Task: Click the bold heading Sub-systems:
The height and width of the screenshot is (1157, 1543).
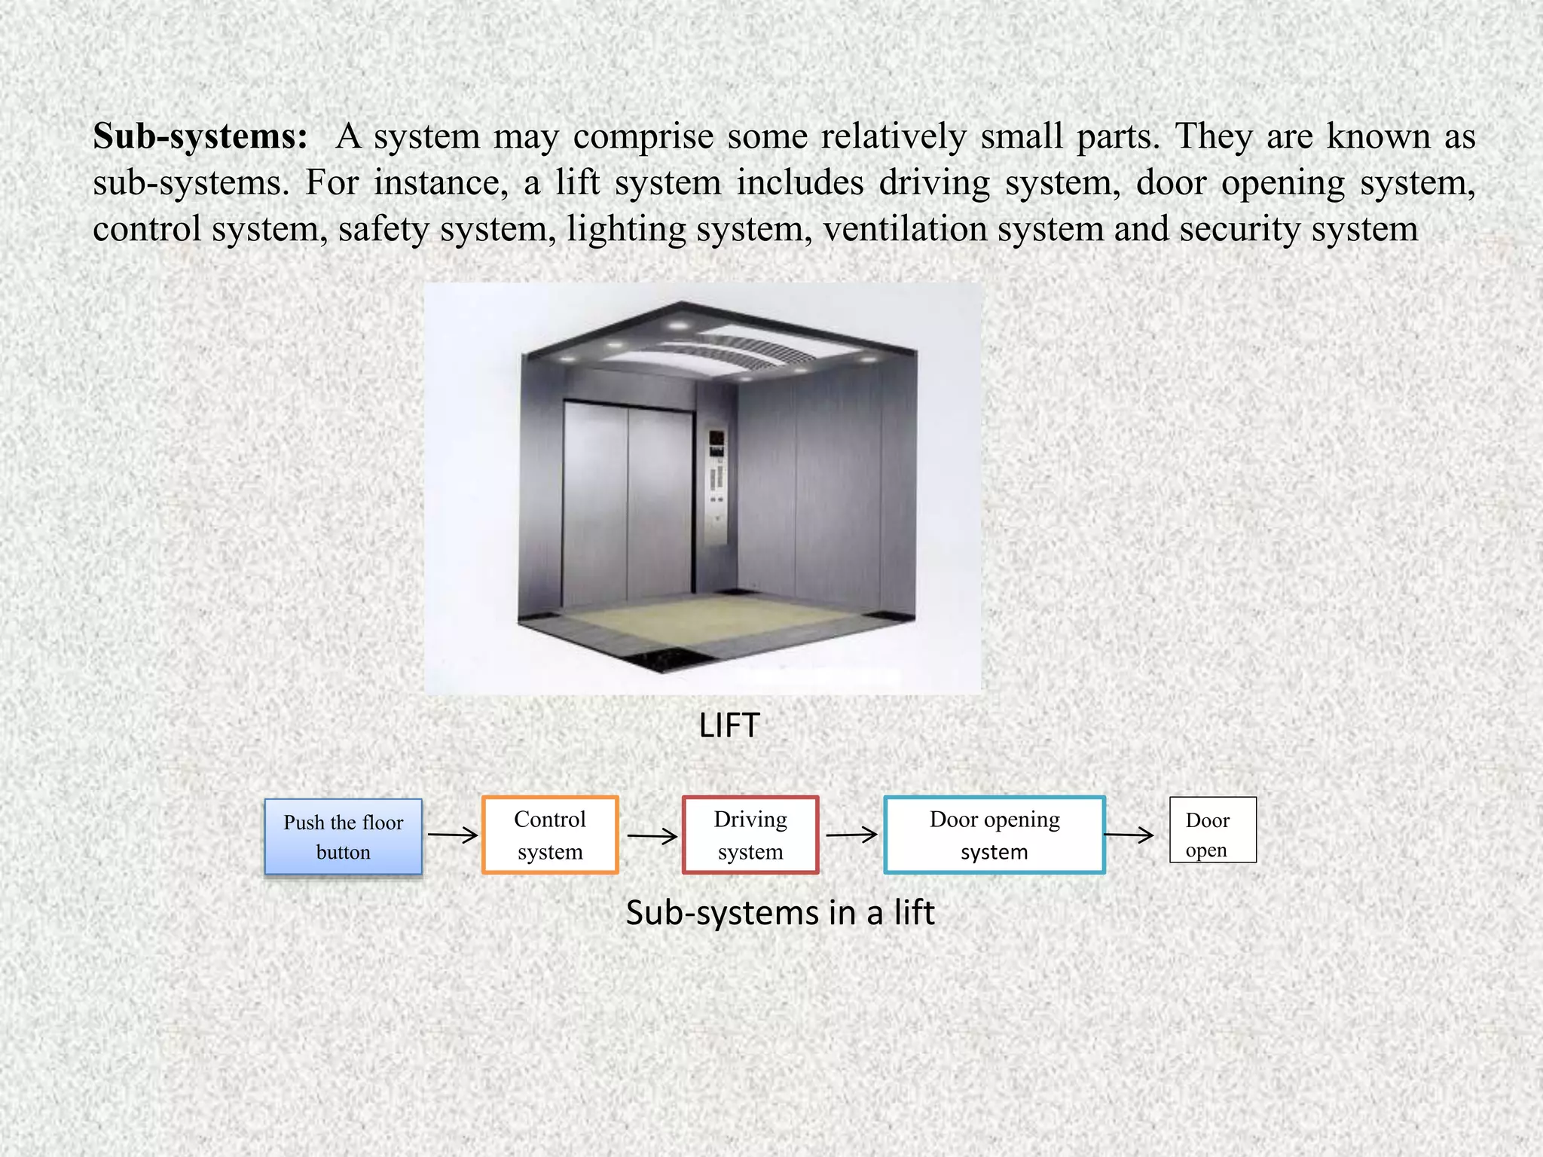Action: click(x=200, y=137)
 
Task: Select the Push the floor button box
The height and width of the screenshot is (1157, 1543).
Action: click(x=344, y=837)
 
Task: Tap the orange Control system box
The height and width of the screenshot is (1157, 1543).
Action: click(x=550, y=835)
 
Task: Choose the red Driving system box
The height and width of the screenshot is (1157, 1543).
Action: click(x=750, y=835)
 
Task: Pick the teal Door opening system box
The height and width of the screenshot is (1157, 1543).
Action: click(x=995, y=835)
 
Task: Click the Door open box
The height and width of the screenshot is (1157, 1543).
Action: click(x=1212, y=830)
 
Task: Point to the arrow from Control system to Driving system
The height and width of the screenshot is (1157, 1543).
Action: click(x=652, y=836)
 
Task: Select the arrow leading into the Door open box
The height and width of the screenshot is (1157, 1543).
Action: click(x=1129, y=835)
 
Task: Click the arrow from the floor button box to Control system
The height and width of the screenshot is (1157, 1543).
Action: click(x=452, y=835)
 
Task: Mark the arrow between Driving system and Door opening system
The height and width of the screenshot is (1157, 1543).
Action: click(x=851, y=835)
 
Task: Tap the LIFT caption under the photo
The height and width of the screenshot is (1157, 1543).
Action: click(x=729, y=725)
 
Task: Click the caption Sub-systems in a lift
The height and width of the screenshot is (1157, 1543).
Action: click(x=780, y=913)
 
